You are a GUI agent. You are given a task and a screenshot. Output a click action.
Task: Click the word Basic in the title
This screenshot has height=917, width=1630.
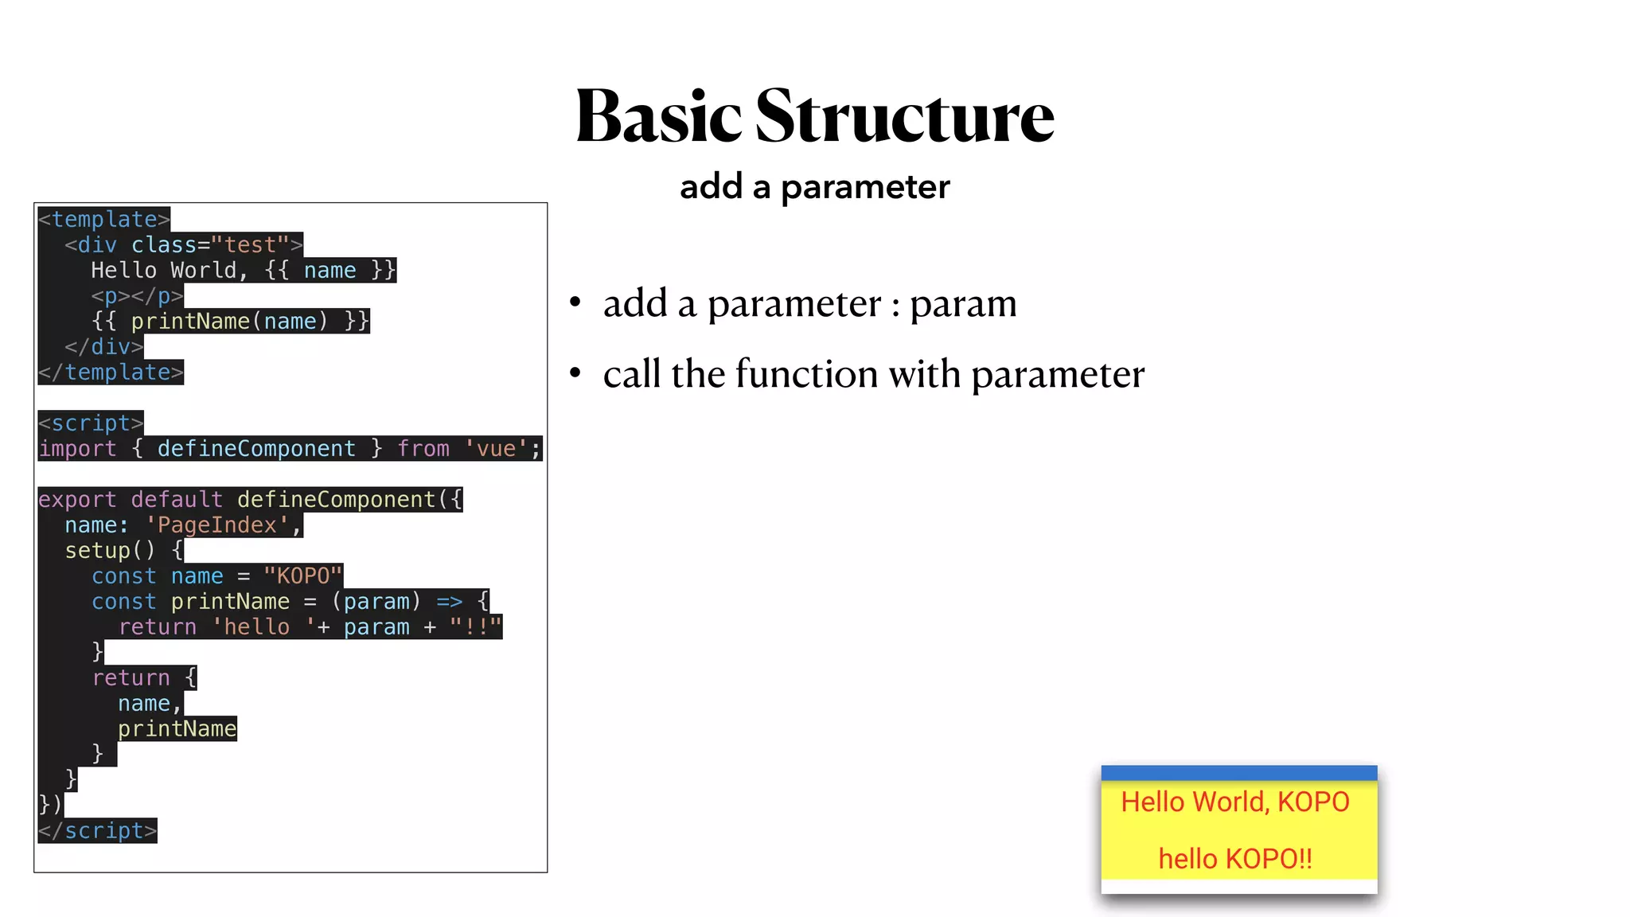pyautogui.click(x=658, y=117)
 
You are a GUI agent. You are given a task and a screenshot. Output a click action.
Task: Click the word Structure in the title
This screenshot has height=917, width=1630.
pyautogui.click(x=905, y=117)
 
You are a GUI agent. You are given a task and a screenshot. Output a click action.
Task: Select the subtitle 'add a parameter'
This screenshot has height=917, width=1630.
pyautogui.click(x=814, y=187)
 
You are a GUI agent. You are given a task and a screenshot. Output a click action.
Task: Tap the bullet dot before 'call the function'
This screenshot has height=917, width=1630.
pyautogui.click(x=575, y=373)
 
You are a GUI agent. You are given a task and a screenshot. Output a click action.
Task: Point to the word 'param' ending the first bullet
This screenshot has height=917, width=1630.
pyautogui.click(x=963, y=303)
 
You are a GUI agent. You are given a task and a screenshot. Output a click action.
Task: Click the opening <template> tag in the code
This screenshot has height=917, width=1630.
pyautogui.click(x=104, y=219)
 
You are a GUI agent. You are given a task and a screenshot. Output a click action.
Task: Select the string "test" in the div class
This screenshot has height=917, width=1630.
pyautogui.click(x=249, y=244)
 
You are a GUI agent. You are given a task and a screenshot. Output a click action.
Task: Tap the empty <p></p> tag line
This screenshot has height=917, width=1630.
pyautogui.click(x=137, y=295)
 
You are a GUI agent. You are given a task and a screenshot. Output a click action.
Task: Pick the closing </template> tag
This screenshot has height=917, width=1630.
pyautogui.click(x=111, y=372)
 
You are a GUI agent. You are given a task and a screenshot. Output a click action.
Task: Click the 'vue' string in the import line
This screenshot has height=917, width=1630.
pyautogui.click(x=496, y=448)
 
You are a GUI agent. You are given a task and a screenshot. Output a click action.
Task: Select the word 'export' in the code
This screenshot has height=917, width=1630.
pyautogui.click(x=77, y=499)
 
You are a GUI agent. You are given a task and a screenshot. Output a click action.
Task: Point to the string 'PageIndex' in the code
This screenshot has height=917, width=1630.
pyautogui.click(x=216, y=525)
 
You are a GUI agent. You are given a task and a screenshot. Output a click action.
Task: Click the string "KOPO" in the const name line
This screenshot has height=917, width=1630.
pyautogui.click(x=302, y=576)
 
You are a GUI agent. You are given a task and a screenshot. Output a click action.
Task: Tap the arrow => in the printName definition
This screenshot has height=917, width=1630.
pyautogui.click(x=449, y=601)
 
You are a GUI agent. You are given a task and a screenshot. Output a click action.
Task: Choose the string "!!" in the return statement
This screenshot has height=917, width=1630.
pyautogui.click(x=475, y=626)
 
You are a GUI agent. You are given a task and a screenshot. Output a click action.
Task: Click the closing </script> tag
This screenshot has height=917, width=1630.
pyautogui.click(x=98, y=830)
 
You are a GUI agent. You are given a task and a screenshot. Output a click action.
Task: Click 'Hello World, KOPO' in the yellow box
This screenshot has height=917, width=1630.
pyautogui.click(x=1235, y=802)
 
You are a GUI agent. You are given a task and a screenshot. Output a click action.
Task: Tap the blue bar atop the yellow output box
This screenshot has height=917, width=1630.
pyautogui.click(x=1238, y=773)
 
